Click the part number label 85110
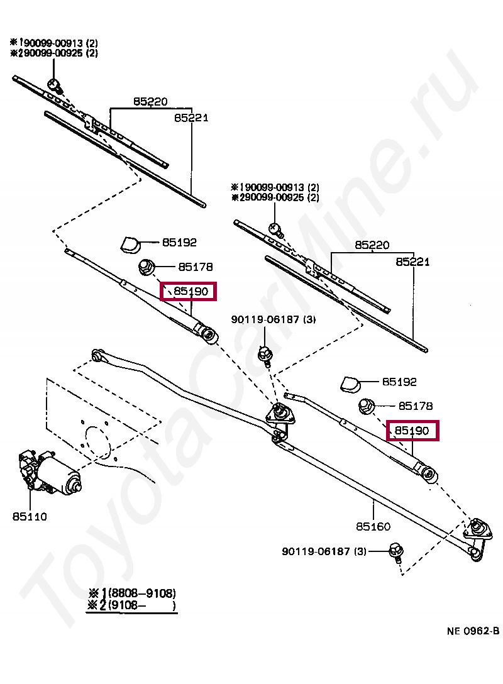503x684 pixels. [x=29, y=517]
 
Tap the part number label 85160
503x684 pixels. [x=373, y=527]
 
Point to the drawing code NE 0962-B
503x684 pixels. [x=473, y=631]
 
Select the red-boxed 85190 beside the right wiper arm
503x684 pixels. [x=412, y=431]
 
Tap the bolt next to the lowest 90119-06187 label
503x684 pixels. [x=395, y=551]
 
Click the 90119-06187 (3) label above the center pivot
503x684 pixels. [x=273, y=319]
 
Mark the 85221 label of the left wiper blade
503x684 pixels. [x=191, y=118]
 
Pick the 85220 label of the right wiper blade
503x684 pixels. [x=372, y=245]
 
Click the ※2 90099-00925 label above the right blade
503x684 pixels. [x=275, y=197]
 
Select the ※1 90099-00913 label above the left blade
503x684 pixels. [x=53, y=43]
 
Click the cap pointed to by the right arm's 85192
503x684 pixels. [x=350, y=383]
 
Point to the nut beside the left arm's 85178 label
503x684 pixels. [x=146, y=267]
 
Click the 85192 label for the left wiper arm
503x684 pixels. [x=179, y=242]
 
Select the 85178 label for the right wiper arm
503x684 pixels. [x=415, y=406]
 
